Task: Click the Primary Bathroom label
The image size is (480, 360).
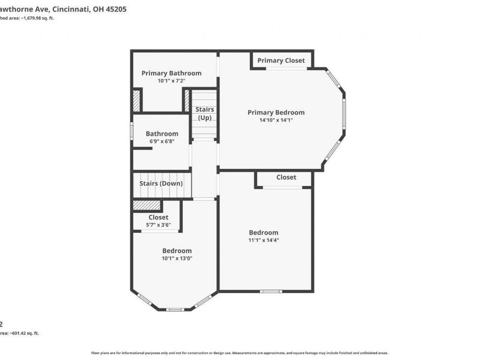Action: (x=171, y=73)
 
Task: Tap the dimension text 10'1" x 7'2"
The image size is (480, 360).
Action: (x=171, y=80)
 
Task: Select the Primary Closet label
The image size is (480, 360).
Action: (x=281, y=61)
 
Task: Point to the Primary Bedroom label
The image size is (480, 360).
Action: (x=276, y=112)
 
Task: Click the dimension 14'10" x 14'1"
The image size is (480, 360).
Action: (x=276, y=120)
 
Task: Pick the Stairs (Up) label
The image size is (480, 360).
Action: (x=205, y=113)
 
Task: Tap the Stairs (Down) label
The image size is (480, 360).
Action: (x=161, y=184)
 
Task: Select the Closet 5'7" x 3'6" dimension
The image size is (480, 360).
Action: (x=158, y=225)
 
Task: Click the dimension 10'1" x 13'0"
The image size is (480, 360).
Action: (x=176, y=259)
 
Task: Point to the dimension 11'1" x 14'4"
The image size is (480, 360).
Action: (x=264, y=240)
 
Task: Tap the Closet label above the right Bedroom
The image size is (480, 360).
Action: (x=286, y=178)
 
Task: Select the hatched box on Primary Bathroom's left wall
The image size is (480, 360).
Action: (x=137, y=100)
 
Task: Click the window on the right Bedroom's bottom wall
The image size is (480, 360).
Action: (x=271, y=292)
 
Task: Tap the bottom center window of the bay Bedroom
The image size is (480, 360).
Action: (x=175, y=310)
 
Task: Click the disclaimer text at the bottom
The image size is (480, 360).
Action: (x=239, y=353)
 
